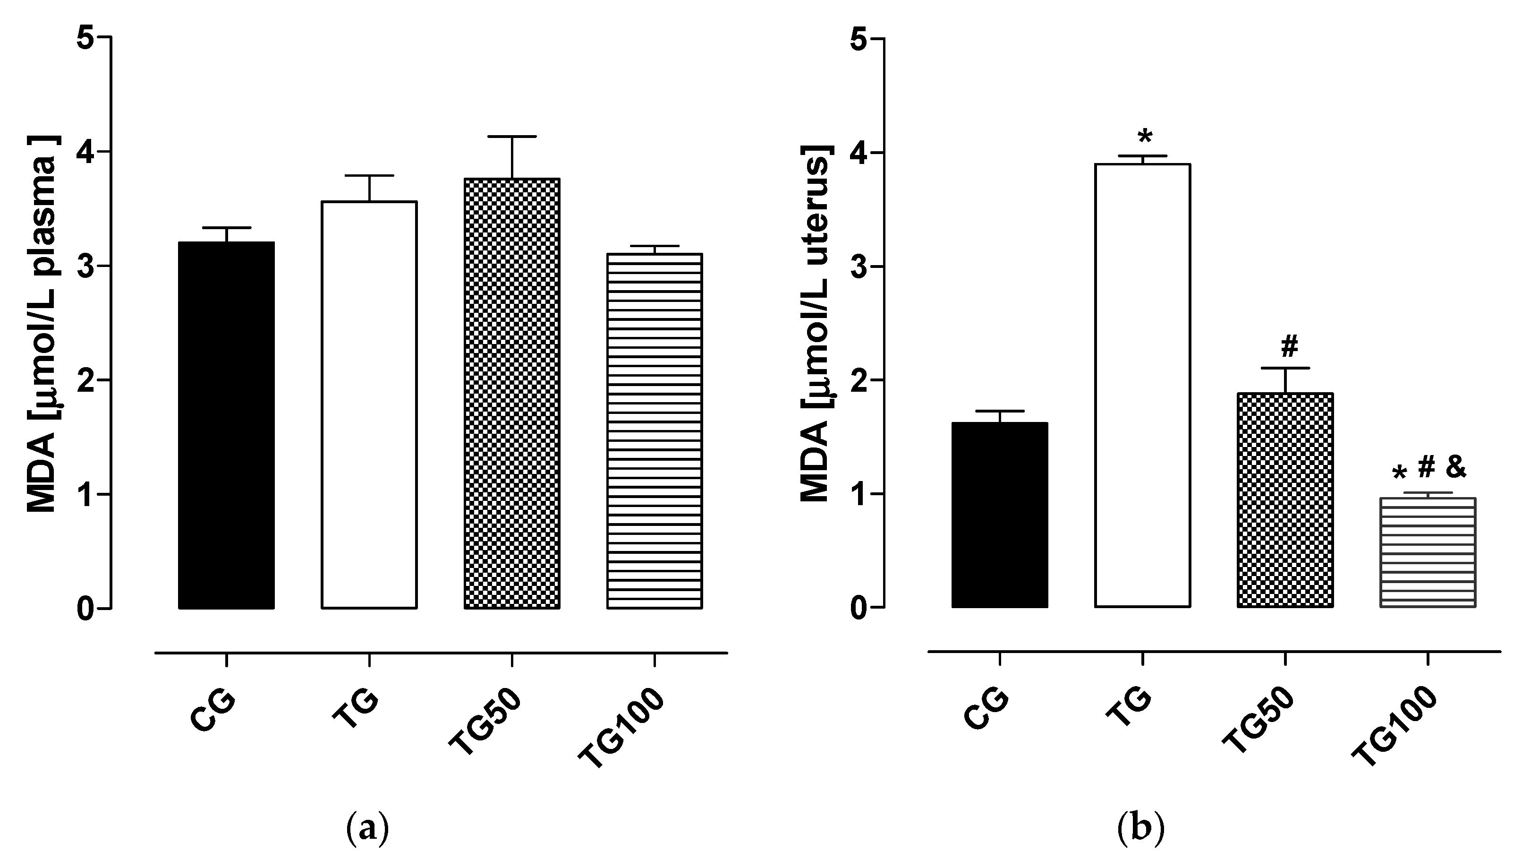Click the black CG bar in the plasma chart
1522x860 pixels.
pyautogui.click(x=226, y=426)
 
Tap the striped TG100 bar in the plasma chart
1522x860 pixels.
pyautogui.click(x=655, y=431)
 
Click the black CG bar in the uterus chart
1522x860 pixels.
pyautogui.click(x=1000, y=514)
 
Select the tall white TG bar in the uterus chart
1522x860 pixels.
pyautogui.click(x=1142, y=384)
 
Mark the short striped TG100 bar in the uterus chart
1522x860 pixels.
pyautogui.click(x=1428, y=553)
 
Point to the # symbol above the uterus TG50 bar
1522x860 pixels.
pyautogui.click(x=1289, y=346)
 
